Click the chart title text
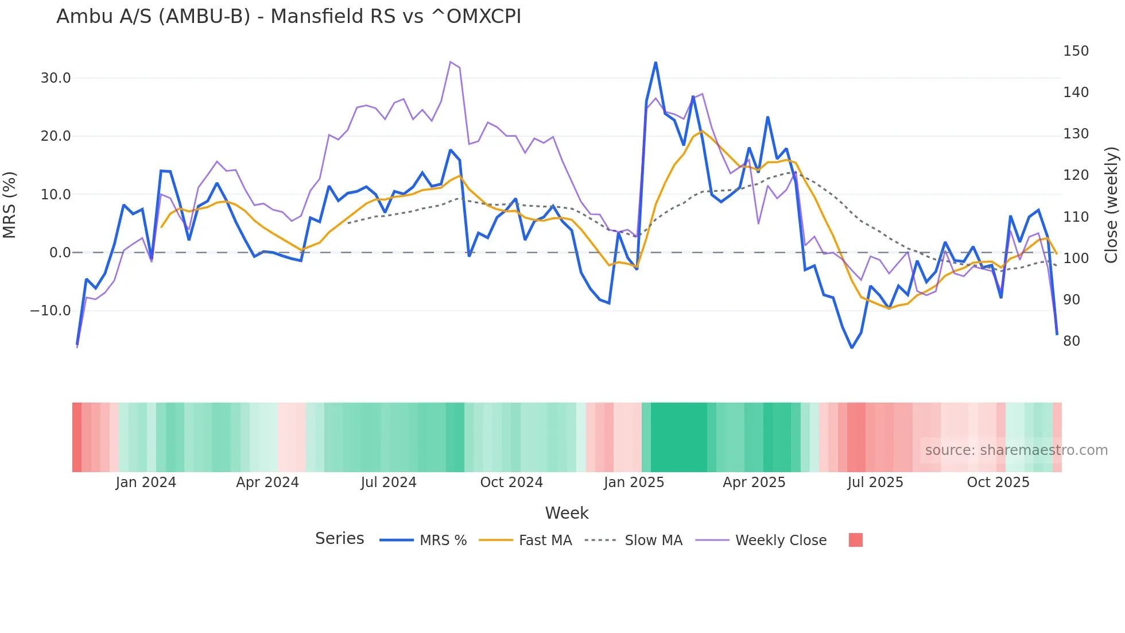coord(289,17)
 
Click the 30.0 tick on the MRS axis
coord(56,78)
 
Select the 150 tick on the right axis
coord(1076,51)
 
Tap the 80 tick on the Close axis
coord(1072,341)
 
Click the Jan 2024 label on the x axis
coord(146,483)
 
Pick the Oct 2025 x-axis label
coord(998,483)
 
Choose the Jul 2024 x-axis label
coord(389,483)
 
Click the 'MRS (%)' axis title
coord(10,204)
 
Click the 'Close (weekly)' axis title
coord(1111,204)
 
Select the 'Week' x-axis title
coord(567,513)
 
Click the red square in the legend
coord(856,540)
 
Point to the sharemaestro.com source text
coord(1016,450)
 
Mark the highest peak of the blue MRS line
coord(655,63)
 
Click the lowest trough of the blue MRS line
coord(852,348)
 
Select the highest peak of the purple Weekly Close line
coord(451,61)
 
